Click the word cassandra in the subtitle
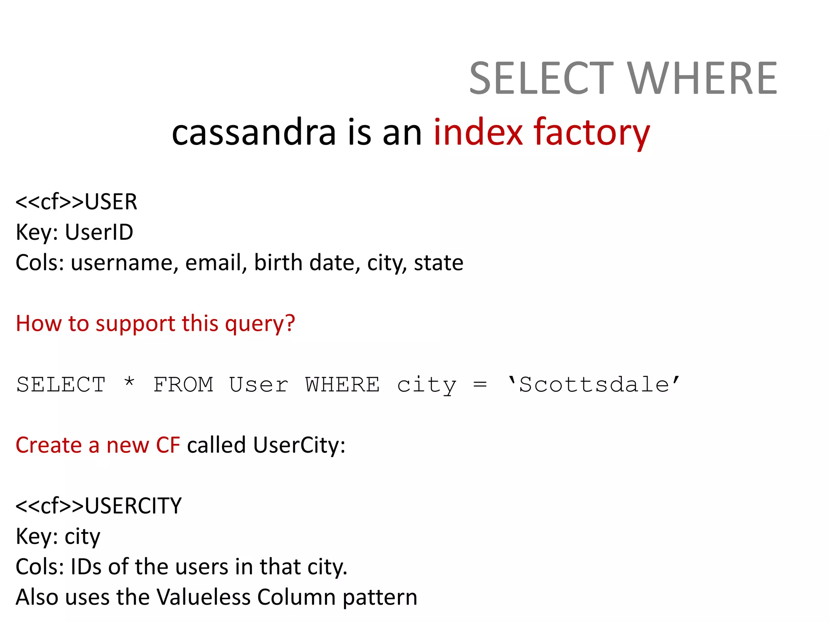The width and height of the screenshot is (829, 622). click(x=254, y=132)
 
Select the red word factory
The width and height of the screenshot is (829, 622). click(x=591, y=132)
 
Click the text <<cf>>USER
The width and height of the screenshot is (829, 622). click(x=76, y=202)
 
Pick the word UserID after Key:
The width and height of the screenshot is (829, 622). click(x=99, y=232)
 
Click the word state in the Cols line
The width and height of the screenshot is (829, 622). click(x=438, y=262)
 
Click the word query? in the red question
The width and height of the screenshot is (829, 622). click(x=260, y=324)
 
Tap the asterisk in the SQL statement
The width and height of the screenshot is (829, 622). click(x=129, y=383)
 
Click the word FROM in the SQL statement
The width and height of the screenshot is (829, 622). click(x=183, y=385)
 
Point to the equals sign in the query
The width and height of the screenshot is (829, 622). click(x=480, y=385)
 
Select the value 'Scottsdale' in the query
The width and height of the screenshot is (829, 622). click(x=594, y=385)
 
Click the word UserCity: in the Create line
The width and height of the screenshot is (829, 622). click(x=299, y=445)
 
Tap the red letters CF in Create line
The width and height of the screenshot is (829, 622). click(x=168, y=445)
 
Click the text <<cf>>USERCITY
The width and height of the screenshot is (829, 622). click(x=98, y=506)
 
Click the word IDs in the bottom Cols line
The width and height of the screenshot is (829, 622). click(x=86, y=567)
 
